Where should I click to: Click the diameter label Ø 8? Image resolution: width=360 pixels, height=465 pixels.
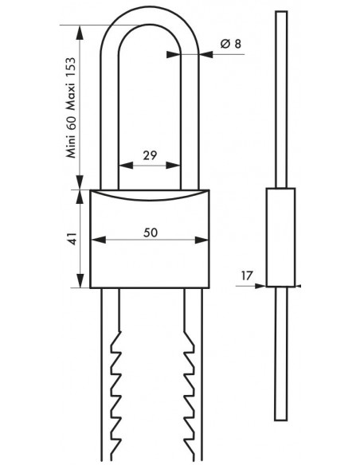[x=231, y=44]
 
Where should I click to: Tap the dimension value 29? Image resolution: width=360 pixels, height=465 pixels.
[x=150, y=155]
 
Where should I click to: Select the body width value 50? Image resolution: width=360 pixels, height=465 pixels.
[x=151, y=232]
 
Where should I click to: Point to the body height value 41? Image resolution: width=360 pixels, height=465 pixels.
[x=72, y=238]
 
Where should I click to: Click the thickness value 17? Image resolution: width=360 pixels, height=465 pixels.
[x=246, y=275]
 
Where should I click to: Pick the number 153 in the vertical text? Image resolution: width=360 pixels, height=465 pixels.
[x=71, y=68]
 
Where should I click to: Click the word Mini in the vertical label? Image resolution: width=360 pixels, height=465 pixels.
[x=71, y=147]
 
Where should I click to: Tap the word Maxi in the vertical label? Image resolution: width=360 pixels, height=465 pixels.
[x=71, y=96]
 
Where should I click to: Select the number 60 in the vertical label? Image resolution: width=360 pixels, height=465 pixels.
[x=71, y=122]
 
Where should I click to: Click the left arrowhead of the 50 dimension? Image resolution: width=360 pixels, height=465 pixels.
[x=98, y=240]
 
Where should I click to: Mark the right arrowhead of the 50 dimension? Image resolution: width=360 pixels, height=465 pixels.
[x=202, y=240]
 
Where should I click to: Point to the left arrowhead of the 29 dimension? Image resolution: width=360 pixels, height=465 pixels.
[x=126, y=165]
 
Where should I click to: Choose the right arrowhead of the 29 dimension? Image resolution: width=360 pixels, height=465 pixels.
[x=173, y=165]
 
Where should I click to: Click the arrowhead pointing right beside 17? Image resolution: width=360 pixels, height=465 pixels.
[x=260, y=286]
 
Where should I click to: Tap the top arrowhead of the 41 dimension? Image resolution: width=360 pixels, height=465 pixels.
[x=80, y=197]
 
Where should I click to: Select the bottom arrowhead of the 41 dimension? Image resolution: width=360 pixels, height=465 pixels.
[x=80, y=280]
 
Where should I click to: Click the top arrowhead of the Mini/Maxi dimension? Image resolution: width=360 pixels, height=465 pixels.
[x=80, y=33]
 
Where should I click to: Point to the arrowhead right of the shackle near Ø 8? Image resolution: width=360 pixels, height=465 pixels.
[x=206, y=54]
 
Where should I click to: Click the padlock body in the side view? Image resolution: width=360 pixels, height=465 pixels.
[x=280, y=237]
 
